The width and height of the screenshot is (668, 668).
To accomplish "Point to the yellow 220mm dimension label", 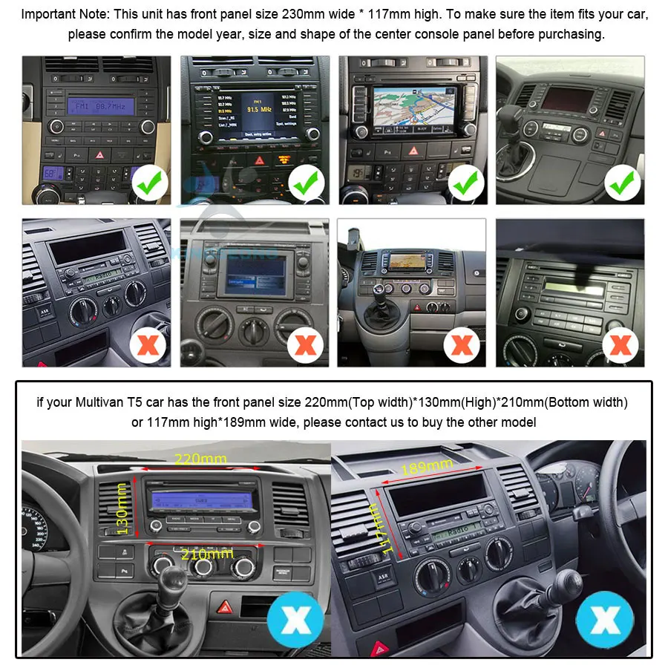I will [200, 459].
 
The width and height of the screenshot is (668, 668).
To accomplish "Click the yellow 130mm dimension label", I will [123, 512].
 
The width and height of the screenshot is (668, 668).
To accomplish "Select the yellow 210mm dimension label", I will [207, 554].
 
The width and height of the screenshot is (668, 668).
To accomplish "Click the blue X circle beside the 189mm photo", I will [604, 620].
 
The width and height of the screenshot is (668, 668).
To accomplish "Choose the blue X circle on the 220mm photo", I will [295, 620].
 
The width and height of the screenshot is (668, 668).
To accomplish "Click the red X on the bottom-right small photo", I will [620, 344].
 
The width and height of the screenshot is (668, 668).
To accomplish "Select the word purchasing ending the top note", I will [569, 34].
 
